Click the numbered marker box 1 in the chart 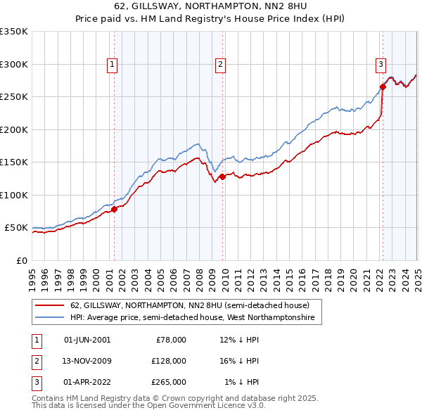click(x=113, y=65)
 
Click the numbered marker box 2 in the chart click(x=220, y=65)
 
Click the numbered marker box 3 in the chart click(x=381, y=65)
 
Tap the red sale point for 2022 click(x=383, y=87)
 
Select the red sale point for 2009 click(x=222, y=177)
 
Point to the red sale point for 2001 click(x=114, y=209)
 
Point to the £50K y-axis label click(x=15, y=228)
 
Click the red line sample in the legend click(x=51, y=305)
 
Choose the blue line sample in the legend click(x=51, y=318)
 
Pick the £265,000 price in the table click(x=169, y=382)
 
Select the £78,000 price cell click(x=171, y=340)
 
